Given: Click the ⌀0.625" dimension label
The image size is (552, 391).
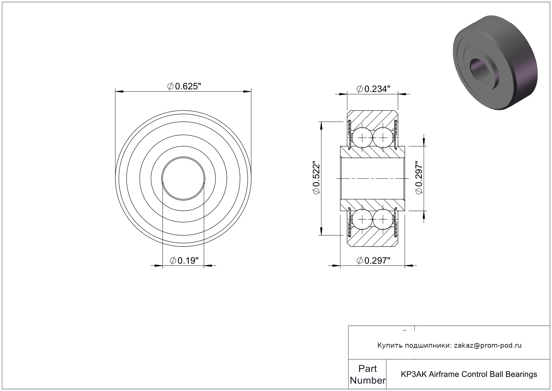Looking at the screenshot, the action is coord(184,86).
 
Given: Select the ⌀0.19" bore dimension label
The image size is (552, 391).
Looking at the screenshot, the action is coord(184,260).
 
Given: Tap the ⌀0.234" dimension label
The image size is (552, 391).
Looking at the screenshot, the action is coord(374,89).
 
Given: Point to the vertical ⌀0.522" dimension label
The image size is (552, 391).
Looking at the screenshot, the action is coord(316,178).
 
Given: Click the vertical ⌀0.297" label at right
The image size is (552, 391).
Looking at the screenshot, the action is coord(419,178).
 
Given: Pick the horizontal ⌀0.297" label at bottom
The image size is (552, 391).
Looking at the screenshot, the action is coord(374,260).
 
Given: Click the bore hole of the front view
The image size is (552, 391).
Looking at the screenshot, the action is coord(183,178).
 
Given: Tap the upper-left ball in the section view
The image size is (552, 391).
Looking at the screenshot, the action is coord(362,138).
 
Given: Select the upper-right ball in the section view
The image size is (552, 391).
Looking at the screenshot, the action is coord(383,138).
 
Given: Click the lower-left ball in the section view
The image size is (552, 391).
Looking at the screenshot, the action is coord(362,219).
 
